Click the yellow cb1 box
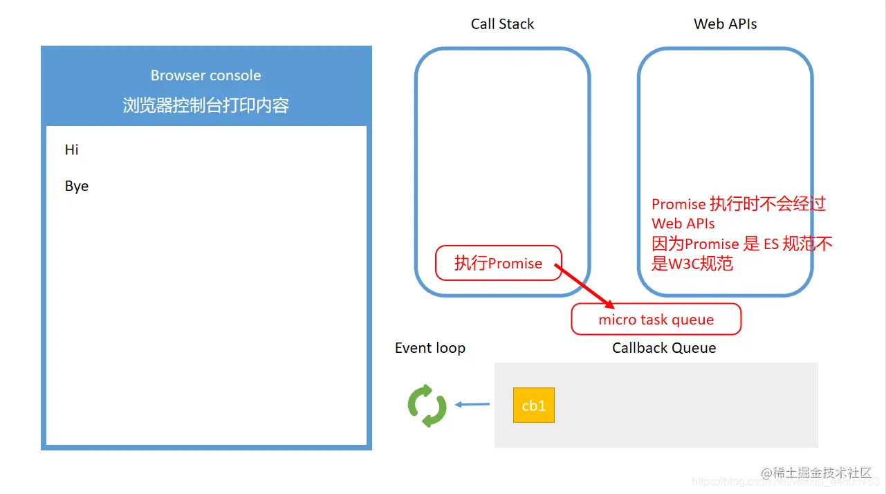pyautogui.click(x=533, y=405)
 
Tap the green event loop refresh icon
pyautogui.click(x=427, y=405)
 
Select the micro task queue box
pyautogui.click(x=656, y=320)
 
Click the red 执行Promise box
pyautogui.click(x=498, y=263)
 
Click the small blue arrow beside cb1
pyautogui.click(x=472, y=405)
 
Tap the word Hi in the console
pyautogui.click(x=72, y=149)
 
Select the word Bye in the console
pyautogui.click(x=77, y=186)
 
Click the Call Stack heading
pyautogui.click(x=502, y=24)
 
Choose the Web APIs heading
pyautogui.click(x=725, y=24)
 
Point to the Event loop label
pyautogui.click(x=430, y=348)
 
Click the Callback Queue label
pyautogui.click(x=664, y=348)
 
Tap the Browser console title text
pyautogui.click(x=206, y=75)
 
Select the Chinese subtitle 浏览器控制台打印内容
pyautogui.click(x=206, y=105)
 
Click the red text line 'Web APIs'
pyautogui.click(x=683, y=223)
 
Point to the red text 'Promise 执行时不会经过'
pyautogui.click(x=739, y=204)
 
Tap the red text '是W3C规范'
pyautogui.click(x=692, y=264)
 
